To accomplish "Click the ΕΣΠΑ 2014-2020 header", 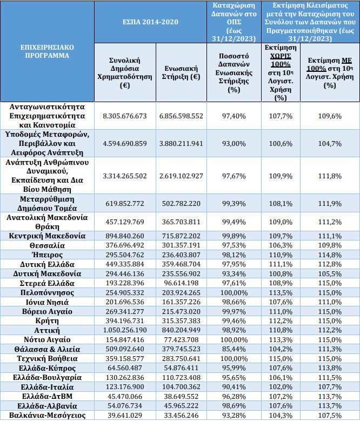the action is click(x=150, y=22).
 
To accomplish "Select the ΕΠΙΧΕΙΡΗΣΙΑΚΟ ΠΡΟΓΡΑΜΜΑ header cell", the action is click(x=47, y=51).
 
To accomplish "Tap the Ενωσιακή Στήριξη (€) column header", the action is click(x=181, y=72).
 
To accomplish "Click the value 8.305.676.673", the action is click(x=125, y=116).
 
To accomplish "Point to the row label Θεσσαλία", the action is click(x=47, y=245).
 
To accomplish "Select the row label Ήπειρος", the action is click(x=47, y=255).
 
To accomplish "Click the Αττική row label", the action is click(x=47, y=330).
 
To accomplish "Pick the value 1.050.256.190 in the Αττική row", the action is click(x=125, y=330).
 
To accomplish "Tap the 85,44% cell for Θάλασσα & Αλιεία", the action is click(x=234, y=349).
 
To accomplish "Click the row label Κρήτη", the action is click(x=47, y=321).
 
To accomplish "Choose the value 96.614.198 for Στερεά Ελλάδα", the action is click(x=181, y=283).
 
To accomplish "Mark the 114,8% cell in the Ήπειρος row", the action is click(x=330, y=255).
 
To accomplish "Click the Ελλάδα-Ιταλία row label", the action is click(x=47, y=387).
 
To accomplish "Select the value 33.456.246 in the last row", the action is click(x=181, y=415).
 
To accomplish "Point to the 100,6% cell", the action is click(x=281, y=144).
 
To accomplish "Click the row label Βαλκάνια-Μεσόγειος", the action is click(x=47, y=416).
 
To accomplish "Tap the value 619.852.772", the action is click(x=125, y=204).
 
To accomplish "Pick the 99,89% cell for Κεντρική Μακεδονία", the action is click(x=234, y=236).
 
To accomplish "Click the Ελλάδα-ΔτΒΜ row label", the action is click(x=47, y=396).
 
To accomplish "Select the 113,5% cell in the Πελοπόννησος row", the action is click(x=281, y=292).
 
